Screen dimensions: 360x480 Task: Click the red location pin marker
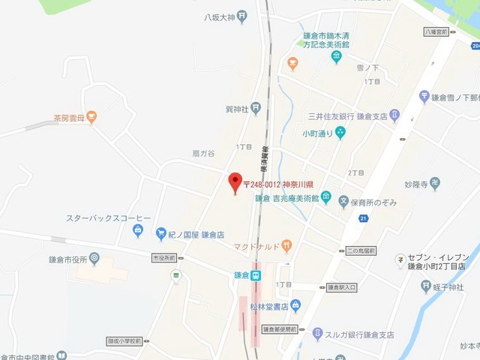[x=235, y=181]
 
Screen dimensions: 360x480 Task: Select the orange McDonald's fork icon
[x=286, y=245]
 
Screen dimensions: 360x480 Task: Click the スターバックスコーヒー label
[x=108, y=218]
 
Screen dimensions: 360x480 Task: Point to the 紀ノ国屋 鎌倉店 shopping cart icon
[x=160, y=234]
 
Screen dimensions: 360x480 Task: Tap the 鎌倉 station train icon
[x=256, y=274]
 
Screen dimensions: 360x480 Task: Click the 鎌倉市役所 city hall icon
[x=94, y=258]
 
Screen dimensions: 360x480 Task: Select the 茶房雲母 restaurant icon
[x=91, y=116]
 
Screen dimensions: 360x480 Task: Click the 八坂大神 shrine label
[x=219, y=18]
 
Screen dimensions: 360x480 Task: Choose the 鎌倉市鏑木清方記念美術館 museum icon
[x=337, y=57]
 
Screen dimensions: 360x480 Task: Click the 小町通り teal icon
[x=340, y=133]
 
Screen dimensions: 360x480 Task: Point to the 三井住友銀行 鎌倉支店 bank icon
[x=395, y=116]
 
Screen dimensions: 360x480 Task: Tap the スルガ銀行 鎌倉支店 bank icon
[x=318, y=334]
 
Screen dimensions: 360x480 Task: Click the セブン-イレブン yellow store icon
[x=400, y=260]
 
